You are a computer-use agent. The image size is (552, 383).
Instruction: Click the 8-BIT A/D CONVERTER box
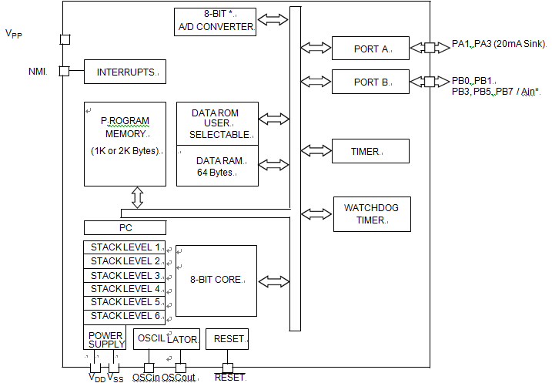[x=215, y=22]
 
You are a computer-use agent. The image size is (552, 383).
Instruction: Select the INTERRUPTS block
[x=125, y=72]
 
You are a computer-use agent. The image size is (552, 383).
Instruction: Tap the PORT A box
[x=370, y=48]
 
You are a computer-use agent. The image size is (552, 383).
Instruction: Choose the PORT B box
[x=370, y=82]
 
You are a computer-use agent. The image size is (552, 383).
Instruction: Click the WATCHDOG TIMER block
[x=372, y=214]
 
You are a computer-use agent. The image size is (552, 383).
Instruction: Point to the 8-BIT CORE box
[x=216, y=281]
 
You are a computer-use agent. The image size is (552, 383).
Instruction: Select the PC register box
[x=125, y=227]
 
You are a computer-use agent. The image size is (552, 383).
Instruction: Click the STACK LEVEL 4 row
[x=125, y=289]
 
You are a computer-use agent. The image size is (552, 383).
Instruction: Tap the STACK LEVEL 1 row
[x=125, y=247]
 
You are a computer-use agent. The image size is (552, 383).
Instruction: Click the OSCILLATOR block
[x=166, y=339]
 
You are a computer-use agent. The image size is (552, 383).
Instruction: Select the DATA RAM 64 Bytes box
[x=217, y=166]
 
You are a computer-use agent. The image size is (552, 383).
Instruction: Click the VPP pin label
[x=14, y=33]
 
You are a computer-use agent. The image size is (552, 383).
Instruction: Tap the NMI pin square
[x=64, y=71]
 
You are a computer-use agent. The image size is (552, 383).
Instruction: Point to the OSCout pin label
[x=179, y=378]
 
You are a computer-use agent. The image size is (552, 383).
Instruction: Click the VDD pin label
[x=97, y=378]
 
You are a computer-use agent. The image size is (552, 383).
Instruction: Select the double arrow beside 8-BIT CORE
[x=274, y=281]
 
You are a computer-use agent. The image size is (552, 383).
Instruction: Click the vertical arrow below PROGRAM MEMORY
[x=137, y=197]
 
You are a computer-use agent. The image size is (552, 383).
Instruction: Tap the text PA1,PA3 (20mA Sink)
[x=499, y=44]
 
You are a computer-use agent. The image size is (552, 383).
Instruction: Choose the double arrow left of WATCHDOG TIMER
[x=316, y=214]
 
